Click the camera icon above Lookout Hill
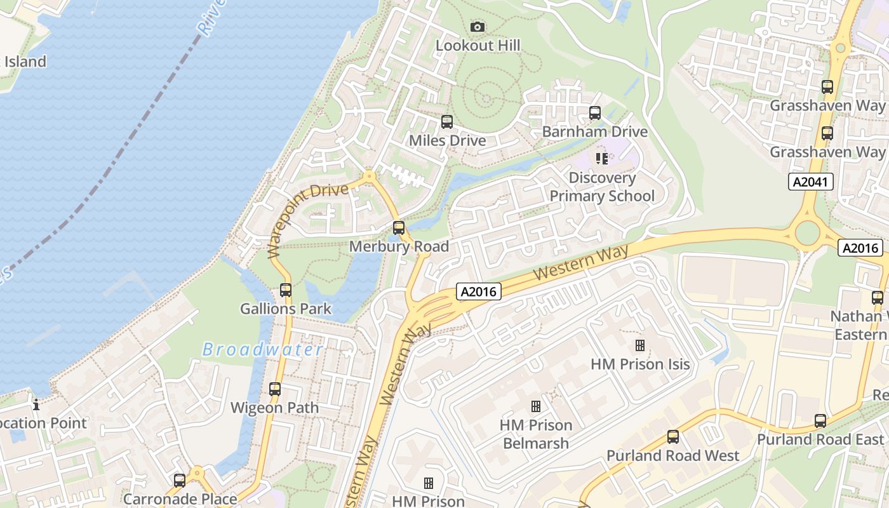tap(478, 27)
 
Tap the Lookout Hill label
tap(478, 46)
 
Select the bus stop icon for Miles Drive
tap(447, 121)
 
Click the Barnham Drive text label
tap(594, 132)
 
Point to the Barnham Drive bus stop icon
tap(594, 113)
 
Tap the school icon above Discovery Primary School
tap(601, 158)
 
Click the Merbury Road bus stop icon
tap(399, 227)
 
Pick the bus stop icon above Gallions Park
tap(286, 290)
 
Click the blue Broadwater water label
tap(262, 350)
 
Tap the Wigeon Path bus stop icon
tap(275, 389)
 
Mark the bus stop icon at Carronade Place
tap(180, 481)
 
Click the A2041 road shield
tap(810, 182)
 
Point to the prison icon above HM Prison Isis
tap(640, 345)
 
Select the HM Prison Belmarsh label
tap(536, 434)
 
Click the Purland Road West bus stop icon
tap(673, 437)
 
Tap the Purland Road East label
tap(820, 439)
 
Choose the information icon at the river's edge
tap(36, 404)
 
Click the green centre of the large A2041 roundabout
tap(807, 233)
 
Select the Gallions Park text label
tap(286, 309)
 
